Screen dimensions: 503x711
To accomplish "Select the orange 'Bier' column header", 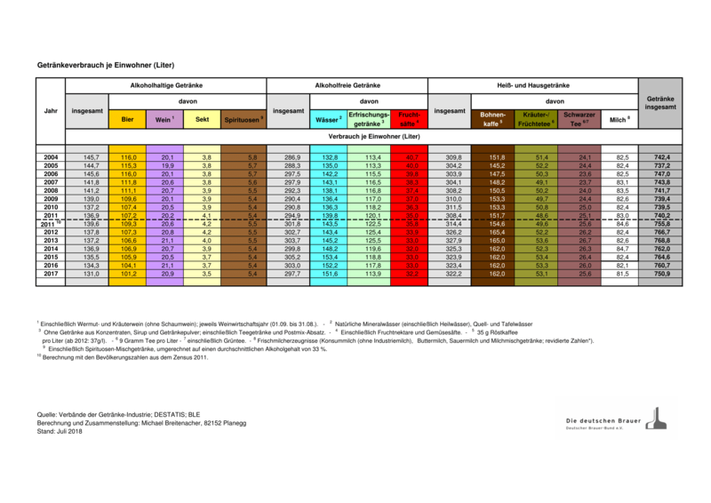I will tap(128, 118).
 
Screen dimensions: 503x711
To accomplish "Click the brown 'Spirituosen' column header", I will tap(244, 118).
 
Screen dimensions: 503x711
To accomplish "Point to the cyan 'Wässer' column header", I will tap(327, 118).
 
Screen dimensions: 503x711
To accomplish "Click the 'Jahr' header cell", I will tap(52, 111).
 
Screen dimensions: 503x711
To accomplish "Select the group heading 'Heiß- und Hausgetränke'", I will tap(532, 84).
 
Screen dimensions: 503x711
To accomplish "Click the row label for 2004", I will tap(52, 156).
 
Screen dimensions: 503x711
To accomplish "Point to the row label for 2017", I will tap(52, 274).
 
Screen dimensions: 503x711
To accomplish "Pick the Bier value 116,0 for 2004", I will tap(128, 156).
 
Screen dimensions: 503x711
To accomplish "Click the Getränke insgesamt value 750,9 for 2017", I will tap(661, 274).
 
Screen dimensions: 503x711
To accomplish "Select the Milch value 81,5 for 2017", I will tap(621, 274).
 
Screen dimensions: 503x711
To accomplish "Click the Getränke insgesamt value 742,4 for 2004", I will tap(661, 156).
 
